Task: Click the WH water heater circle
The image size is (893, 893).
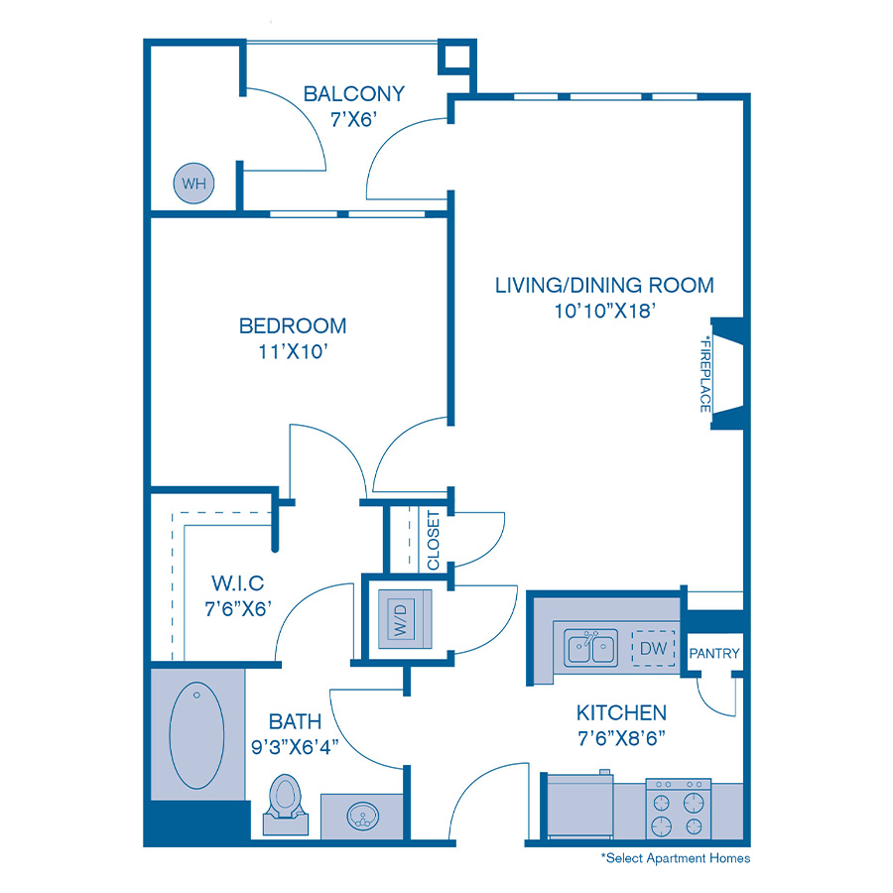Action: coord(193,184)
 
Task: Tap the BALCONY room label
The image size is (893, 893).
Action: coord(354,94)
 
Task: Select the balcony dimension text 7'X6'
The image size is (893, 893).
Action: coord(354,120)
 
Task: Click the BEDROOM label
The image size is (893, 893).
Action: coord(293,325)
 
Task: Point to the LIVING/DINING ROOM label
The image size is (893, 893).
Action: coord(604,286)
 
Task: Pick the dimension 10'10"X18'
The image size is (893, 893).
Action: coord(604,311)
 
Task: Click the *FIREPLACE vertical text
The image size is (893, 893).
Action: coord(705,374)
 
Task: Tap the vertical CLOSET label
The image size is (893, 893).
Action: coord(433,541)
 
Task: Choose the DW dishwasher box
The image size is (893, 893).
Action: coord(654,647)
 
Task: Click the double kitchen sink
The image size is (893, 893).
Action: coord(591,648)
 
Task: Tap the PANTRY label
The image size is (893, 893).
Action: coord(714,654)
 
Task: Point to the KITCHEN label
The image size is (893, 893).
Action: coord(621,712)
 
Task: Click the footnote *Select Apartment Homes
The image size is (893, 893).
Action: coord(675,858)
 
